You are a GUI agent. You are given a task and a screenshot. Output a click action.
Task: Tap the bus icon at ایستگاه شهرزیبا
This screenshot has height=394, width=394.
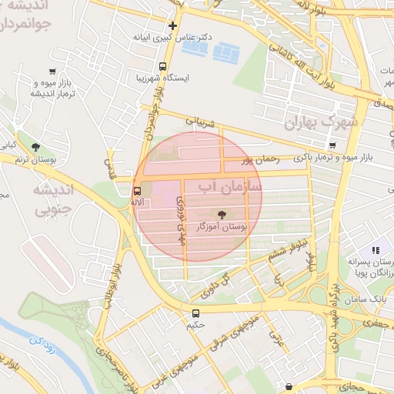pyautogui.click(x=162, y=67)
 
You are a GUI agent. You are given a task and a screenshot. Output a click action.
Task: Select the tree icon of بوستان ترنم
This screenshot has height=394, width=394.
pyautogui.click(x=35, y=146)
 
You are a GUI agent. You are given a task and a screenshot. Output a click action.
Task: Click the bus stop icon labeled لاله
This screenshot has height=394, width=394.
pyautogui.click(x=138, y=190)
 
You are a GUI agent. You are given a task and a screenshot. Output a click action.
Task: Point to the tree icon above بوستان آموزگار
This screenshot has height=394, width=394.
pyautogui.click(x=223, y=215)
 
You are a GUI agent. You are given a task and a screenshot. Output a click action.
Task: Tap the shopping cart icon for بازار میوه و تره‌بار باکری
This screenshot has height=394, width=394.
pyautogui.click(x=332, y=145)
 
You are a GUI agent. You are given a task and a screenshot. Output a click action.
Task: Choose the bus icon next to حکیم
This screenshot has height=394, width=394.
pyautogui.click(x=196, y=313)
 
